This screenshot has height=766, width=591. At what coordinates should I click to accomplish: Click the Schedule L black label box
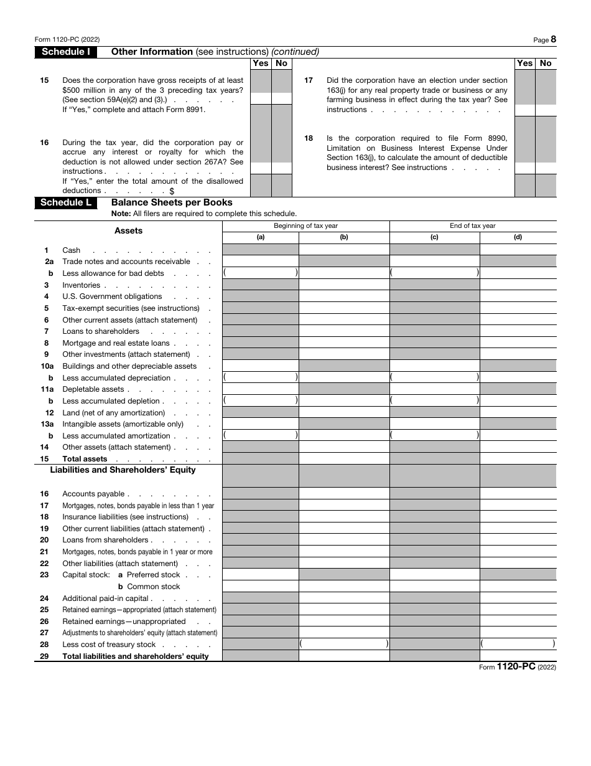click(66, 202)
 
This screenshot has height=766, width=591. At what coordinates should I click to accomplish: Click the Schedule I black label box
click(66, 52)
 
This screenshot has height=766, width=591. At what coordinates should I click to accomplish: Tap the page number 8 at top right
click(553, 39)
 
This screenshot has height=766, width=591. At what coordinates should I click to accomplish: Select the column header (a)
click(261, 237)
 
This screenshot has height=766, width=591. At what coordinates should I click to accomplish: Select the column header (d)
click(518, 237)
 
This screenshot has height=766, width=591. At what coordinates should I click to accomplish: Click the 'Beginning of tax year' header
click(305, 226)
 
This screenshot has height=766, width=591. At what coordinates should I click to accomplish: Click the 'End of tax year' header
click(473, 226)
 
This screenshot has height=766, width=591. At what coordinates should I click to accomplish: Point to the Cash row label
click(71, 250)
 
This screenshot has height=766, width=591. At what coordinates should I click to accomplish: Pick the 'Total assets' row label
click(85, 459)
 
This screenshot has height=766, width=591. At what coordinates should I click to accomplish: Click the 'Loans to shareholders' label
click(101, 331)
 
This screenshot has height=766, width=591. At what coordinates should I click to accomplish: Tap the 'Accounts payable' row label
click(93, 494)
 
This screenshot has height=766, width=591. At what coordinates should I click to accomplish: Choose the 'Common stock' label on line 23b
click(153, 587)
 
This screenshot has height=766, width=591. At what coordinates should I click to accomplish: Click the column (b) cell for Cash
click(344, 250)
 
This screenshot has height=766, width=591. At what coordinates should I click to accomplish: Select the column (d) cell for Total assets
click(518, 458)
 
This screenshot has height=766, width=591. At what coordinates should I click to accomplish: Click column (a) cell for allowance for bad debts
click(261, 273)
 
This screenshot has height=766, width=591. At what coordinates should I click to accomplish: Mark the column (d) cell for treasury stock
click(518, 644)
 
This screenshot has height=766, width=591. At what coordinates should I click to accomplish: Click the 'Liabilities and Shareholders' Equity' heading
click(123, 470)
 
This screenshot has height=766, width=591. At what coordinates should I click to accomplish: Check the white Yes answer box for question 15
click(261, 98)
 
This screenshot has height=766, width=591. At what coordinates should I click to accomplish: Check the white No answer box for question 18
click(546, 168)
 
